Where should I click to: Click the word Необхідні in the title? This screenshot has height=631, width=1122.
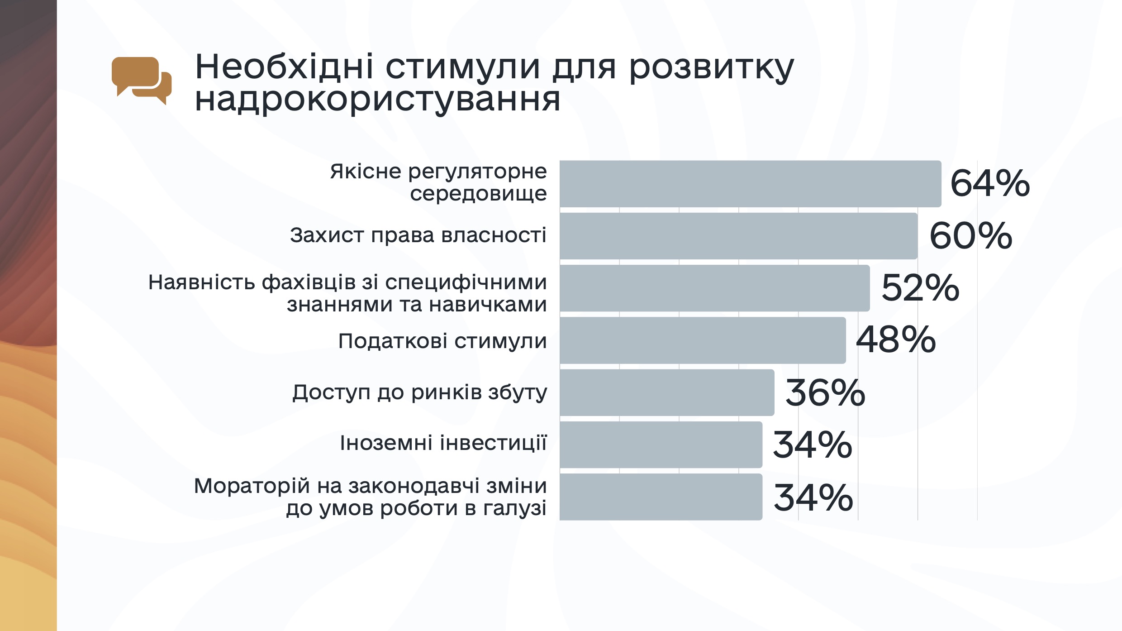pyautogui.click(x=284, y=67)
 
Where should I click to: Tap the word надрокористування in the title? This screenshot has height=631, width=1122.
pyautogui.click(x=377, y=100)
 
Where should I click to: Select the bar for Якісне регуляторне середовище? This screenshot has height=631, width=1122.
pyautogui.click(x=750, y=184)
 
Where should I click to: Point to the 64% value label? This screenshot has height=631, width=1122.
pyautogui.click(x=990, y=183)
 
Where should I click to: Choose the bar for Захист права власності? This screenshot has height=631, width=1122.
pyautogui.click(x=738, y=236)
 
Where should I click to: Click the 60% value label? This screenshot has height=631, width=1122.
pyautogui.click(x=971, y=236)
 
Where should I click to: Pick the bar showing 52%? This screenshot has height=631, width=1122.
pyautogui.click(x=714, y=288)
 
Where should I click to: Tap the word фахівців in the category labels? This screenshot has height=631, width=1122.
pyautogui.click(x=309, y=282)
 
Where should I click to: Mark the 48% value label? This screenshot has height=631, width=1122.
pyautogui.click(x=896, y=339)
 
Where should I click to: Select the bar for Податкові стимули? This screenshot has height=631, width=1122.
pyautogui.click(x=703, y=340)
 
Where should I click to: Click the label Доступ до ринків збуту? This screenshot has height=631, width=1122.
pyautogui.click(x=419, y=392)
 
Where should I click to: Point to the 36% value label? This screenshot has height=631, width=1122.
pyautogui.click(x=825, y=392)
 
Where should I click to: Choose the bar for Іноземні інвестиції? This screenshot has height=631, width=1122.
pyautogui.click(x=661, y=445)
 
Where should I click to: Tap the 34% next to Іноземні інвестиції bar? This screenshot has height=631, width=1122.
pyautogui.click(x=813, y=445)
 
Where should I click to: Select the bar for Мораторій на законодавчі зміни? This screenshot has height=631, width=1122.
pyautogui.click(x=661, y=497)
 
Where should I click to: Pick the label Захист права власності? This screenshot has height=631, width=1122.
pyautogui.click(x=418, y=235)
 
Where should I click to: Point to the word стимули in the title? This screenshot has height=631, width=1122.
pyautogui.click(x=462, y=67)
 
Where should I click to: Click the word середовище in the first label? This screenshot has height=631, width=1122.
pyautogui.click(x=478, y=194)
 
